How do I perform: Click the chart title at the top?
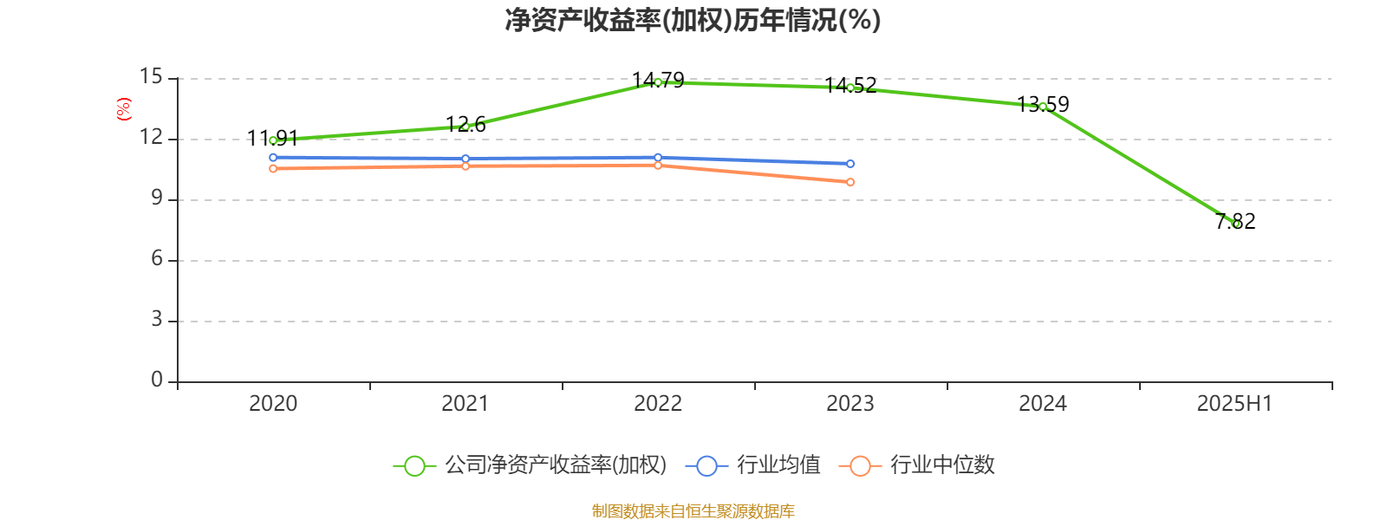[x=693, y=20]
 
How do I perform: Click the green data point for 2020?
[x=273, y=140]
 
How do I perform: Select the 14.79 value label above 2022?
[x=658, y=81]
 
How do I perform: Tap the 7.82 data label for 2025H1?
[x=1235, y=221]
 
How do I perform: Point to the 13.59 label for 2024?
[x=1043, y=105]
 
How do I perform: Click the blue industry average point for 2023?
[x=850, y=164]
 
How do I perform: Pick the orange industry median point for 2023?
[x=850, y=182]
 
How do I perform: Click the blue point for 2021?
[x=466, y=159]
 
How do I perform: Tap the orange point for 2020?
[x=273, y=169]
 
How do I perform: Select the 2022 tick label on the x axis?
[x=658, y=403]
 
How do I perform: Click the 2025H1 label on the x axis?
[x=1234, y=403]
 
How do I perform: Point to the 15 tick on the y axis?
[x=152, y=77]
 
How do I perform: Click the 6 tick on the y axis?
[x=157, y=259]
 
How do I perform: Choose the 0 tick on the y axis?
[x=157, y=380]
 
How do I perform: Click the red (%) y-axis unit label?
[x=123, y=109]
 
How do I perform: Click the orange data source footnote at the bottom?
[x=693, y=511]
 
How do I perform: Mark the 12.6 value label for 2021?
[x=466, y=125]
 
